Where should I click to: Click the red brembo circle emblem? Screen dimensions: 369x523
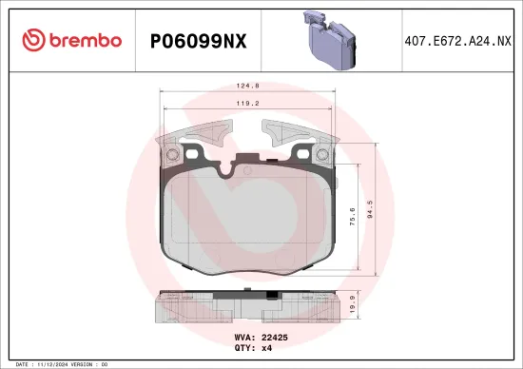tap(33, 40)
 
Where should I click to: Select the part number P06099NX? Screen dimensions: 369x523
tap(199, 41)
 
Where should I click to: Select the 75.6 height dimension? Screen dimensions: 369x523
tap(352, 216)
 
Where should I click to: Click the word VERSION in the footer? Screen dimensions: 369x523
tap(87, 363)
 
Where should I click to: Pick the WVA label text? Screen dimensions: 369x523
tap(242, 336)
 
